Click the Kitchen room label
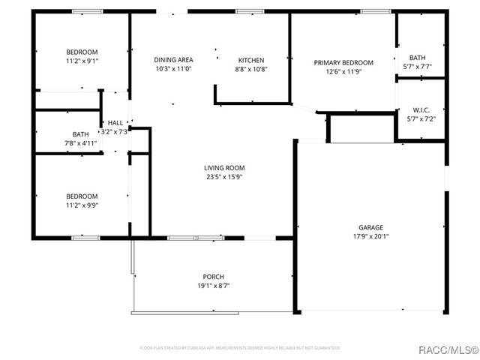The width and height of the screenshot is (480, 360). [250, 60]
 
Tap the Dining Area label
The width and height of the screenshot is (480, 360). [173, 60]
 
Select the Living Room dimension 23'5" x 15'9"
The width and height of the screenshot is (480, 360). [224, 177]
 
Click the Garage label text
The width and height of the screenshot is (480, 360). [370, 227]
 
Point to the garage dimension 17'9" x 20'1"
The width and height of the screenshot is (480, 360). [370, 236]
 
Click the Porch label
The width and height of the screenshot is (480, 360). [213, 276]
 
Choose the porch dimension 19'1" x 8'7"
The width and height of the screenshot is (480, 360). [213, 285]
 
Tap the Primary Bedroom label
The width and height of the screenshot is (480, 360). [343, 63]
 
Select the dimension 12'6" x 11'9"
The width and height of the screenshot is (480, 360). [343, 73]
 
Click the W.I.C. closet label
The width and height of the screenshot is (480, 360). [420, 109]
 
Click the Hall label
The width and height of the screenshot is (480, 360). [115, 123]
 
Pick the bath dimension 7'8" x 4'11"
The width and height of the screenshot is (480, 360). [80, 142]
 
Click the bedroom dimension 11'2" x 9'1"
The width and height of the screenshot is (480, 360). [81, 61]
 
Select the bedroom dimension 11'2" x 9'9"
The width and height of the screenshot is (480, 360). [81, 205]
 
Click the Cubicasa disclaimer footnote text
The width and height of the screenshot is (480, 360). [240, 348]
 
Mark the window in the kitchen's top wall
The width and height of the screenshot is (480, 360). [250, 11]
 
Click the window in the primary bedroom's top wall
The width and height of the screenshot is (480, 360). [370, 11]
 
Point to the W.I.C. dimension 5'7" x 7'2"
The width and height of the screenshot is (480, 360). [420, 118]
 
